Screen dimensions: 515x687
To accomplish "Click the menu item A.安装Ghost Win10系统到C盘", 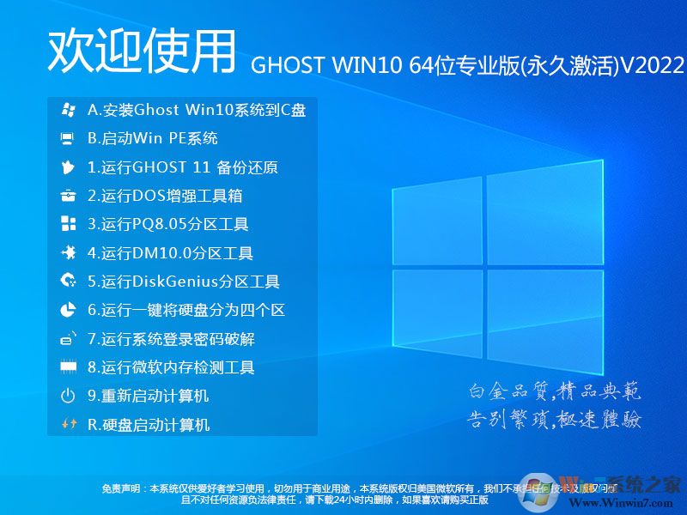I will point(197,110).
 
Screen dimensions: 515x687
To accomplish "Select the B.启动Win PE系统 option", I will point(153,138).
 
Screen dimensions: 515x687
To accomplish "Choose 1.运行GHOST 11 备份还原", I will point(183,167).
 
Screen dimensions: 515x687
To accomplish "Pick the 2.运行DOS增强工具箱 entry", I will point(165,196).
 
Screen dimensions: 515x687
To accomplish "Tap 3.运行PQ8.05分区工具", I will point(168,225).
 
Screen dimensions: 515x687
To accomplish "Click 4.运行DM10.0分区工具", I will point(170,253).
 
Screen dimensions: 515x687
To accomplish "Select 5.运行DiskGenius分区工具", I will point(184,282).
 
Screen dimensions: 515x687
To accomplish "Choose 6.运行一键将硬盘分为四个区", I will point(186,310).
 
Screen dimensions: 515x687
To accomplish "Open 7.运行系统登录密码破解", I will point(171,339).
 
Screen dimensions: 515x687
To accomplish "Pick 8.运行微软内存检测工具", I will point(171,367).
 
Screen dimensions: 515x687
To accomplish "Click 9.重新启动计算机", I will point(149,396).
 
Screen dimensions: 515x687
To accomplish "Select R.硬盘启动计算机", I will point(149,424).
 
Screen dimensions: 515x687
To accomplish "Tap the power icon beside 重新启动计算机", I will point(68,396).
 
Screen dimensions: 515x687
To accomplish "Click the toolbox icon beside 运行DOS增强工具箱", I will point(68,196).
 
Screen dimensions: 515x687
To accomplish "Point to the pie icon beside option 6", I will point(68,310).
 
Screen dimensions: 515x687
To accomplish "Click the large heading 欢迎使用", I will point(141,51).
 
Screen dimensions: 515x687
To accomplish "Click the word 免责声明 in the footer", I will point(121,488).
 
